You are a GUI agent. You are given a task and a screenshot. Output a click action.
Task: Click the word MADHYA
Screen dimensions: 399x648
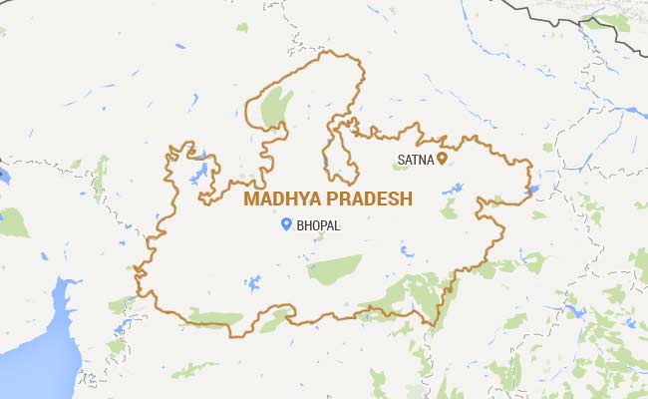(284, 199)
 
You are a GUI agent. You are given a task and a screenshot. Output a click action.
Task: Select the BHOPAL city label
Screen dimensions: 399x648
(318, 226)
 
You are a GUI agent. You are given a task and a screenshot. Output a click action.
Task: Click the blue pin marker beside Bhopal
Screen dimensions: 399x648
(286, 225)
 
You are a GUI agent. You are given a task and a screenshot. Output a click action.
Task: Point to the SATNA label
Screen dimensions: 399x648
(412, 158)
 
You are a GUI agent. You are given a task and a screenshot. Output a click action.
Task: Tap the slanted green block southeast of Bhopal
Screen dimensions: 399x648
(335, 267)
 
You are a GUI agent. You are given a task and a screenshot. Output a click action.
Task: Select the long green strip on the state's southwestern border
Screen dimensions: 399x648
(214, 318)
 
